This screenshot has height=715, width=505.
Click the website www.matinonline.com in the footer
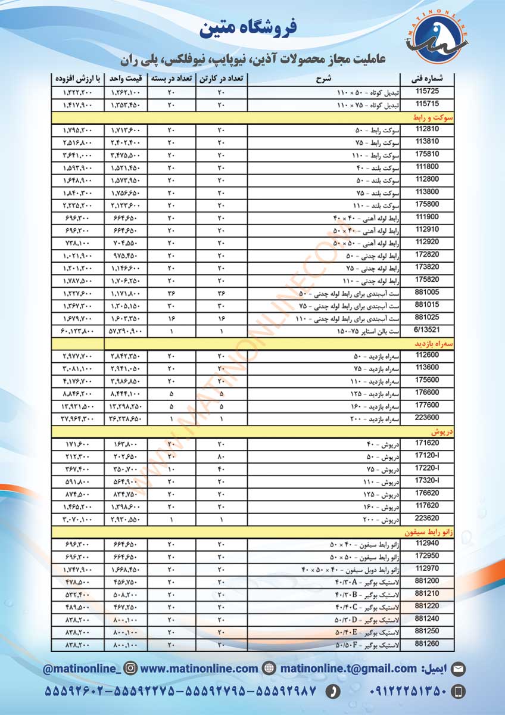199,669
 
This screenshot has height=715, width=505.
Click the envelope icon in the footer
458,669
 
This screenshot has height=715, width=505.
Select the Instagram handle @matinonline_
82,669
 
